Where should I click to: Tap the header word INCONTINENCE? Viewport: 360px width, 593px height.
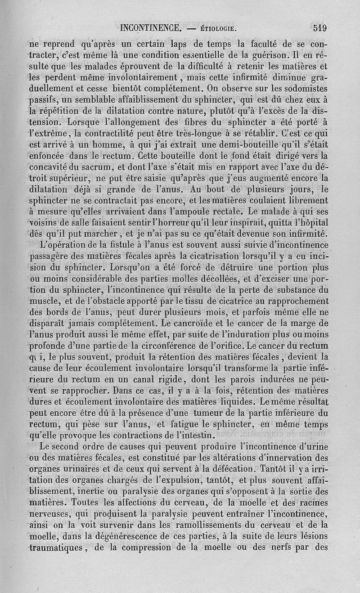click(x=151, y=28)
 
